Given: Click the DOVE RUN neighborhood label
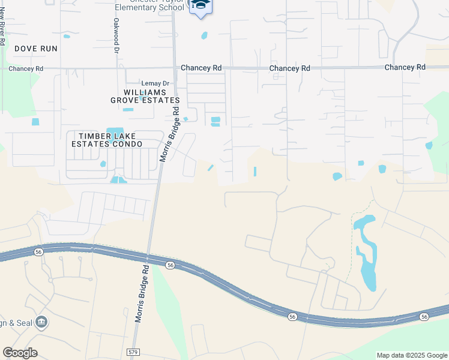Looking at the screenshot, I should pos(36,48).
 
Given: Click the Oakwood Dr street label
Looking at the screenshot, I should pos(115,35).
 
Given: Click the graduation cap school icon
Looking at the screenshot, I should pos(200,5).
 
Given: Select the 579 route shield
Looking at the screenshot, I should pos(134,352).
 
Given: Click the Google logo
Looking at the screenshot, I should pos(20,353).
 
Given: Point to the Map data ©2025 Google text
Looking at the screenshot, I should pos(412,355).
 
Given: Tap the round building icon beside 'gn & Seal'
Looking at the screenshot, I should pos(42,322).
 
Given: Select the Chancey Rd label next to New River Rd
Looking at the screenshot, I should pos(26,69).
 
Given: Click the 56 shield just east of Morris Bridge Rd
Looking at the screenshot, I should pos(170,265).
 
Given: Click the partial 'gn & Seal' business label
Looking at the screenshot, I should pos(14,323).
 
